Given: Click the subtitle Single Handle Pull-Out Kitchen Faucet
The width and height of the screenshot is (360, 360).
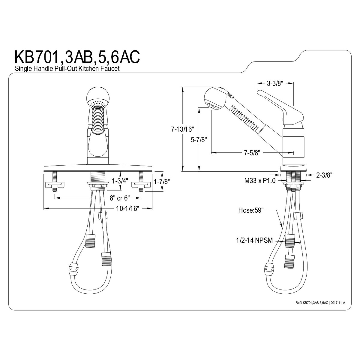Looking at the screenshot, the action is [x=67, y=68].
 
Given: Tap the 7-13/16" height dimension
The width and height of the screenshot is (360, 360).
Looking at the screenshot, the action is [x=183, y=129].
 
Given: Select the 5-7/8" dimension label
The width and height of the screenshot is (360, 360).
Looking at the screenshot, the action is [x=199, y=139].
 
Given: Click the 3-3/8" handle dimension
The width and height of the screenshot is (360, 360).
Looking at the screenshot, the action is [x=274, y=83].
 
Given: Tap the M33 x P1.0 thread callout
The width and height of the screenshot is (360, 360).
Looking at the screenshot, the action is [x=260, y=181].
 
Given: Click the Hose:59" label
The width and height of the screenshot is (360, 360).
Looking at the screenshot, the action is [x=251, y=210].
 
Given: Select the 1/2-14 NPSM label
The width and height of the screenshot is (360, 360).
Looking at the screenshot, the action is [x=254, y=240].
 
